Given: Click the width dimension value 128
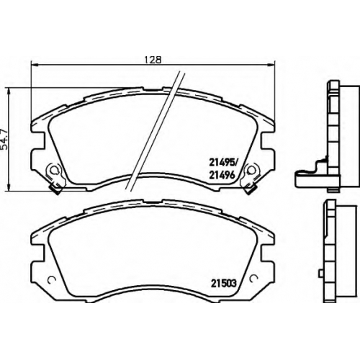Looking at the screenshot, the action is pyautogui.click(x=153, y=60).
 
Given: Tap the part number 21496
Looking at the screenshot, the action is pyautogui.click(x=222, y=176).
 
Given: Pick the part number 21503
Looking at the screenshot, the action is pyautogui.click(x=224, y=284).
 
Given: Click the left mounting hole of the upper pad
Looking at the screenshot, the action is pyautogui.click(x=55, y=170).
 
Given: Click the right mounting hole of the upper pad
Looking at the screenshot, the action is pyautogui.click(x=251, y=170).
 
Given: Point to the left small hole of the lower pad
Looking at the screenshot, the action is pyautogui.click(x=51, y=279).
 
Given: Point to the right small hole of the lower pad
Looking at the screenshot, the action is pyautogui.click(x=253, y=279).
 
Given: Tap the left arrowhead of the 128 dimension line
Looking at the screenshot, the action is pyautogui.click(x=35, y=64).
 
